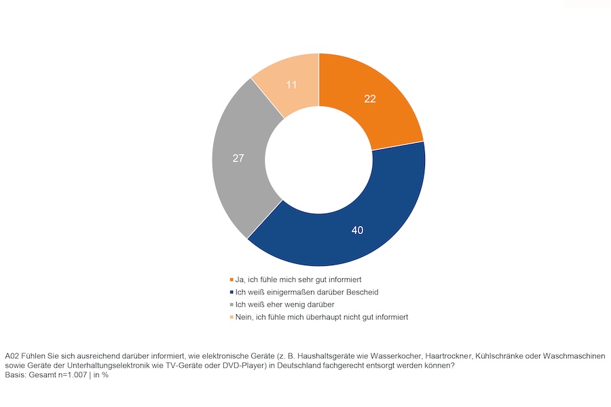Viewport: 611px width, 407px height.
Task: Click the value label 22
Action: [x=369, y=98]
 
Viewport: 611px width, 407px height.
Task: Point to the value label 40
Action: [x=357, y=230]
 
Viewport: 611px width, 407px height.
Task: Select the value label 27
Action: [x=238, y=158]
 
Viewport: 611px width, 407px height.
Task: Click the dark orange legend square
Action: [x=232, y=279]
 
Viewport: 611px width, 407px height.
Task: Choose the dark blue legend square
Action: [x=232, y=292]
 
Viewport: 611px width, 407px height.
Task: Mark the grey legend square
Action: [x=232, y=305]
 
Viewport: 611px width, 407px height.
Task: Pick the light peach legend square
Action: [x=232, y=317]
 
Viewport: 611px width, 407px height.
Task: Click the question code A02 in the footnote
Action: [x=12, y=355]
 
